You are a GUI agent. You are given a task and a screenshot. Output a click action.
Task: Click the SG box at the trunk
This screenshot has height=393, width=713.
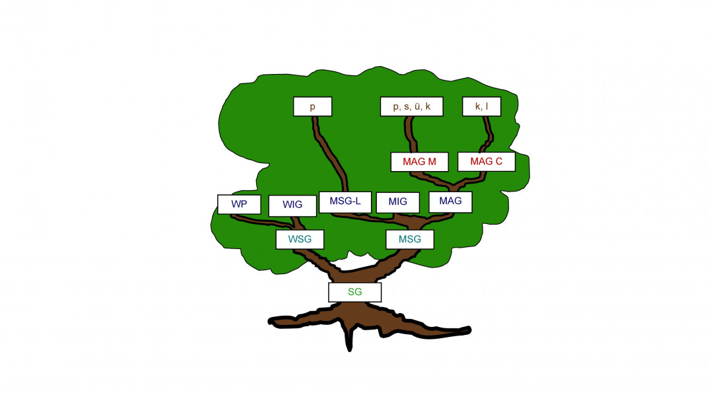pos(355,292)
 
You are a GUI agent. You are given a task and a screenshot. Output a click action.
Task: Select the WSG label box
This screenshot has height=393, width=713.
pos(300,239)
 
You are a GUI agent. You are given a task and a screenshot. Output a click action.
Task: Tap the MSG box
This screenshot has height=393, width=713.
pos(409,239)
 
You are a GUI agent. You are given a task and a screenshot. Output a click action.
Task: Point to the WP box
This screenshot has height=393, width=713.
pos(239,204)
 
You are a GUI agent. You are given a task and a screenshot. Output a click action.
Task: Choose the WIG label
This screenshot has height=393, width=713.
pos(292,205)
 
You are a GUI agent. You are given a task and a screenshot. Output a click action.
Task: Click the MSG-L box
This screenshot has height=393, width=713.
pos(345,201)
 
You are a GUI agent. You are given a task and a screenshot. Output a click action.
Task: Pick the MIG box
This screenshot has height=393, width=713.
pos(397,201)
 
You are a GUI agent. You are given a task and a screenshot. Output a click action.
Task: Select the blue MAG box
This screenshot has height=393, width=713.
pos(450,201)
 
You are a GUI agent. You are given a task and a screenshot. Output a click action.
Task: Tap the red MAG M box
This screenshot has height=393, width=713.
pos(419,162)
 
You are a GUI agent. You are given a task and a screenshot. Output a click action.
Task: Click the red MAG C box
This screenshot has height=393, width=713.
pos(486,162)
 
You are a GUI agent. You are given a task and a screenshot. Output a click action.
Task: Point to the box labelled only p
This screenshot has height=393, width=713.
pos(312,106)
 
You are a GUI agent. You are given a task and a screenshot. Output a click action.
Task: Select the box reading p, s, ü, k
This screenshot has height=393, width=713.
pos(411,106)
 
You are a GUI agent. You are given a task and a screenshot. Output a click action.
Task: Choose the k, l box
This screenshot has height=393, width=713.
pos(481,106)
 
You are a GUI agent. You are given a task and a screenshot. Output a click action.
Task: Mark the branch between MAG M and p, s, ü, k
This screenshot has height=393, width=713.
pos(411,135)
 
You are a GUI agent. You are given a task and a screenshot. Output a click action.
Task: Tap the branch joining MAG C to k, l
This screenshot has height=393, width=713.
pos(489,135)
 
